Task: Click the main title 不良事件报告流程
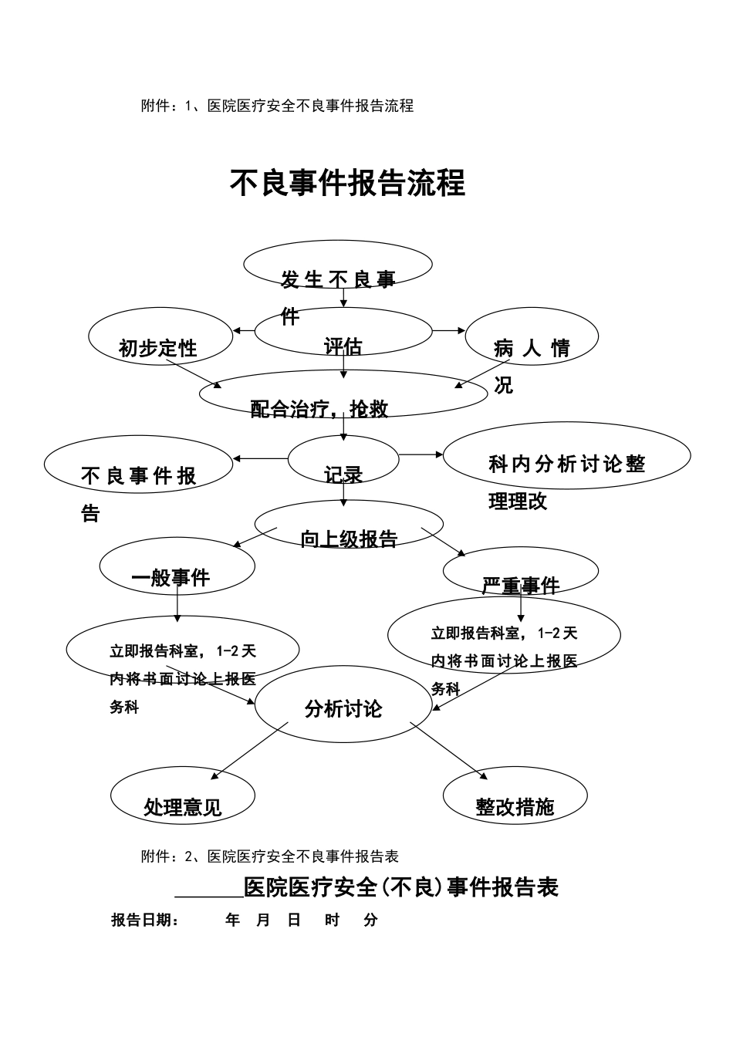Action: coord(348,184)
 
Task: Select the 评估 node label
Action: coord(343,346)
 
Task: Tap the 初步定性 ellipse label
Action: coord(158,349)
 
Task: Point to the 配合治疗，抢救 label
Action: coord(319,409)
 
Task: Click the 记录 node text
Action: coord(343,475)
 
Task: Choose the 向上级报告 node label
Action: coord(349,539)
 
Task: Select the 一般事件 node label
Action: coord(171,578)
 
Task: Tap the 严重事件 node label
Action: coord(521,586)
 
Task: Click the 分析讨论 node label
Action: coord(343,709)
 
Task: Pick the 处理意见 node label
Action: coord(183,807)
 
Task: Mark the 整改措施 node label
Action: coord(515,807)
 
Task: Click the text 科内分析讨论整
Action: coord(567,464)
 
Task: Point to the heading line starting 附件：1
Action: coord(277,106)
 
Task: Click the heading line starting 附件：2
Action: coord(269,856)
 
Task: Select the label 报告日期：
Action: coord(145,920)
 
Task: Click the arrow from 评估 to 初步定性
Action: coord(244,331)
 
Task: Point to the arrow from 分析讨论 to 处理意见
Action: coord(248,751)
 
